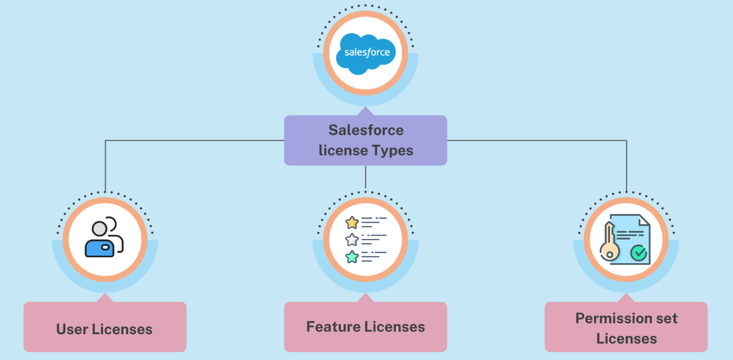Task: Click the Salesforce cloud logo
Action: click(x=366, y=52)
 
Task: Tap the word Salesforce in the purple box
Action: click(x=366, y=130)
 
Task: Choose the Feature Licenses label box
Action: click(x=366, y=326)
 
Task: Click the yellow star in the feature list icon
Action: click(x=352, y=222)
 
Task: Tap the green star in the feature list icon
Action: click(x=352, y=257)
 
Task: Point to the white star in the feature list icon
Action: click(x=352, y=240)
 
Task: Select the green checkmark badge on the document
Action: click(x=639, y=253)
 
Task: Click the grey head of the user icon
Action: click(x=100, y=229)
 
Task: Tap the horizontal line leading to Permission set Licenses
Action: click(x=538, y=140)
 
